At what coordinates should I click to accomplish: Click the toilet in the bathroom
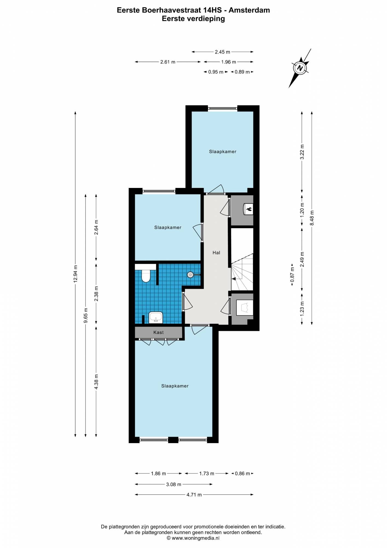click(x=146, y=276)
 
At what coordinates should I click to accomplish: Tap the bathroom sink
click(x=156, y=318)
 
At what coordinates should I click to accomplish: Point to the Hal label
click(x=216, y=253)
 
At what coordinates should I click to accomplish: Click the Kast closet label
click(x=158, y=332)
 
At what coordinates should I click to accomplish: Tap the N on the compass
click(x=300, y=68)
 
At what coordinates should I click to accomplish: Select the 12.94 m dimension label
click(x=76, y=274)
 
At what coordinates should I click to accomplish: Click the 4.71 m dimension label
click(x=194, y=495)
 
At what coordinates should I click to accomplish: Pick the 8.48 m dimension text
click(x=312, y=218)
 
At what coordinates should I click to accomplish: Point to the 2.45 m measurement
click(x=223, y=52)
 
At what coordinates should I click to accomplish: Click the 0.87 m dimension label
click(x=292, y=275)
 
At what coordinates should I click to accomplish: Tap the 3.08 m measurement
click(x=174, y=484)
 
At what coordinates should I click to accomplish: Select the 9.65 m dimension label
click(x=86, y=315)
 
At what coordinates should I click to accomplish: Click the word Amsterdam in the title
click(x=249, y=10)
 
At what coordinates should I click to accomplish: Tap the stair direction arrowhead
click(x=233, y=279)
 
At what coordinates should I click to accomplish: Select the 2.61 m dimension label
click(x=168, y=62)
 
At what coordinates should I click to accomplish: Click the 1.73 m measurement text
click(x=207, y=473)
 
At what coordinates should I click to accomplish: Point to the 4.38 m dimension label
click(x=96, y=381)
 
